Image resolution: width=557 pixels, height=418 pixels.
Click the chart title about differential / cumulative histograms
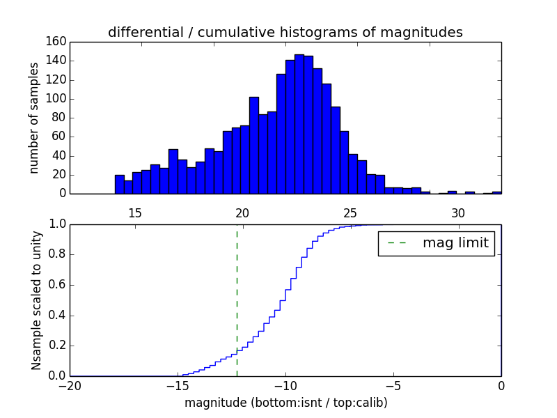click(285, 32)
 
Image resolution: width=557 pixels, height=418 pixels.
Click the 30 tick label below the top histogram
click(458, 212)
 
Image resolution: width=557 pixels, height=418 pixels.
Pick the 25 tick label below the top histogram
click(350, 212)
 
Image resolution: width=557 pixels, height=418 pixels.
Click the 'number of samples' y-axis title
click(33, 118)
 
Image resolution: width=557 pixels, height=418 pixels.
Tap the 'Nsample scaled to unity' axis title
click(36, 300)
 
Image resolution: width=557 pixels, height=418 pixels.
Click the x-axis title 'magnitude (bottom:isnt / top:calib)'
click(285, 403)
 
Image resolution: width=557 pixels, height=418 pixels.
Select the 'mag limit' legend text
click(455, 244)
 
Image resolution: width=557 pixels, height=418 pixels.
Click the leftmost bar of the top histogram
click(119, 185)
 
